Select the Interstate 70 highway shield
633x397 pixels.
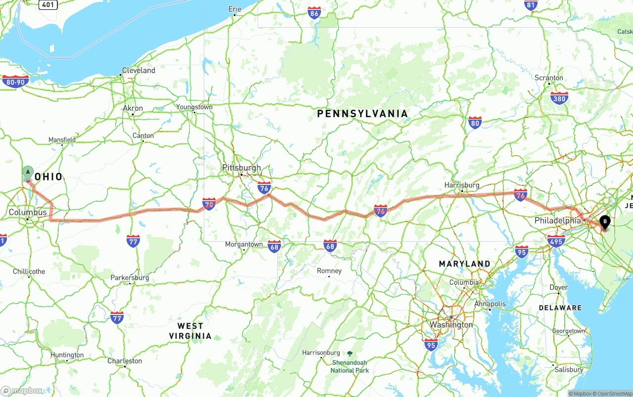(209, 204)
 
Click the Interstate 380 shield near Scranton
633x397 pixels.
(559, 98)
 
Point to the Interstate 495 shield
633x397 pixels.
(556, 241)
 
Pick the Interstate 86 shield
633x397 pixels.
(314, 13)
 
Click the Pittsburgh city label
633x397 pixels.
(241, 168)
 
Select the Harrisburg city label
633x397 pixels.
(462, 185)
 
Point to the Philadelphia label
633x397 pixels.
(557, 221)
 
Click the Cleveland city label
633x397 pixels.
(138, 70)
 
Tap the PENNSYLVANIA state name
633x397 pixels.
(362, 114)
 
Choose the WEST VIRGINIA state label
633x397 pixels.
(190, 331)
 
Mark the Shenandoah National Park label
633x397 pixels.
(350, 366)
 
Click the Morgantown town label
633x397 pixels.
(244, 244)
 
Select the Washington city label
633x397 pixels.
(451, 325)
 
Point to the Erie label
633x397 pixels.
(234, 9)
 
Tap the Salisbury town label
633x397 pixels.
(569, 369)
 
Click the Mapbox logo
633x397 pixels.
(22, 391)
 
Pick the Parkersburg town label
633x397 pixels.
(130, 278)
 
